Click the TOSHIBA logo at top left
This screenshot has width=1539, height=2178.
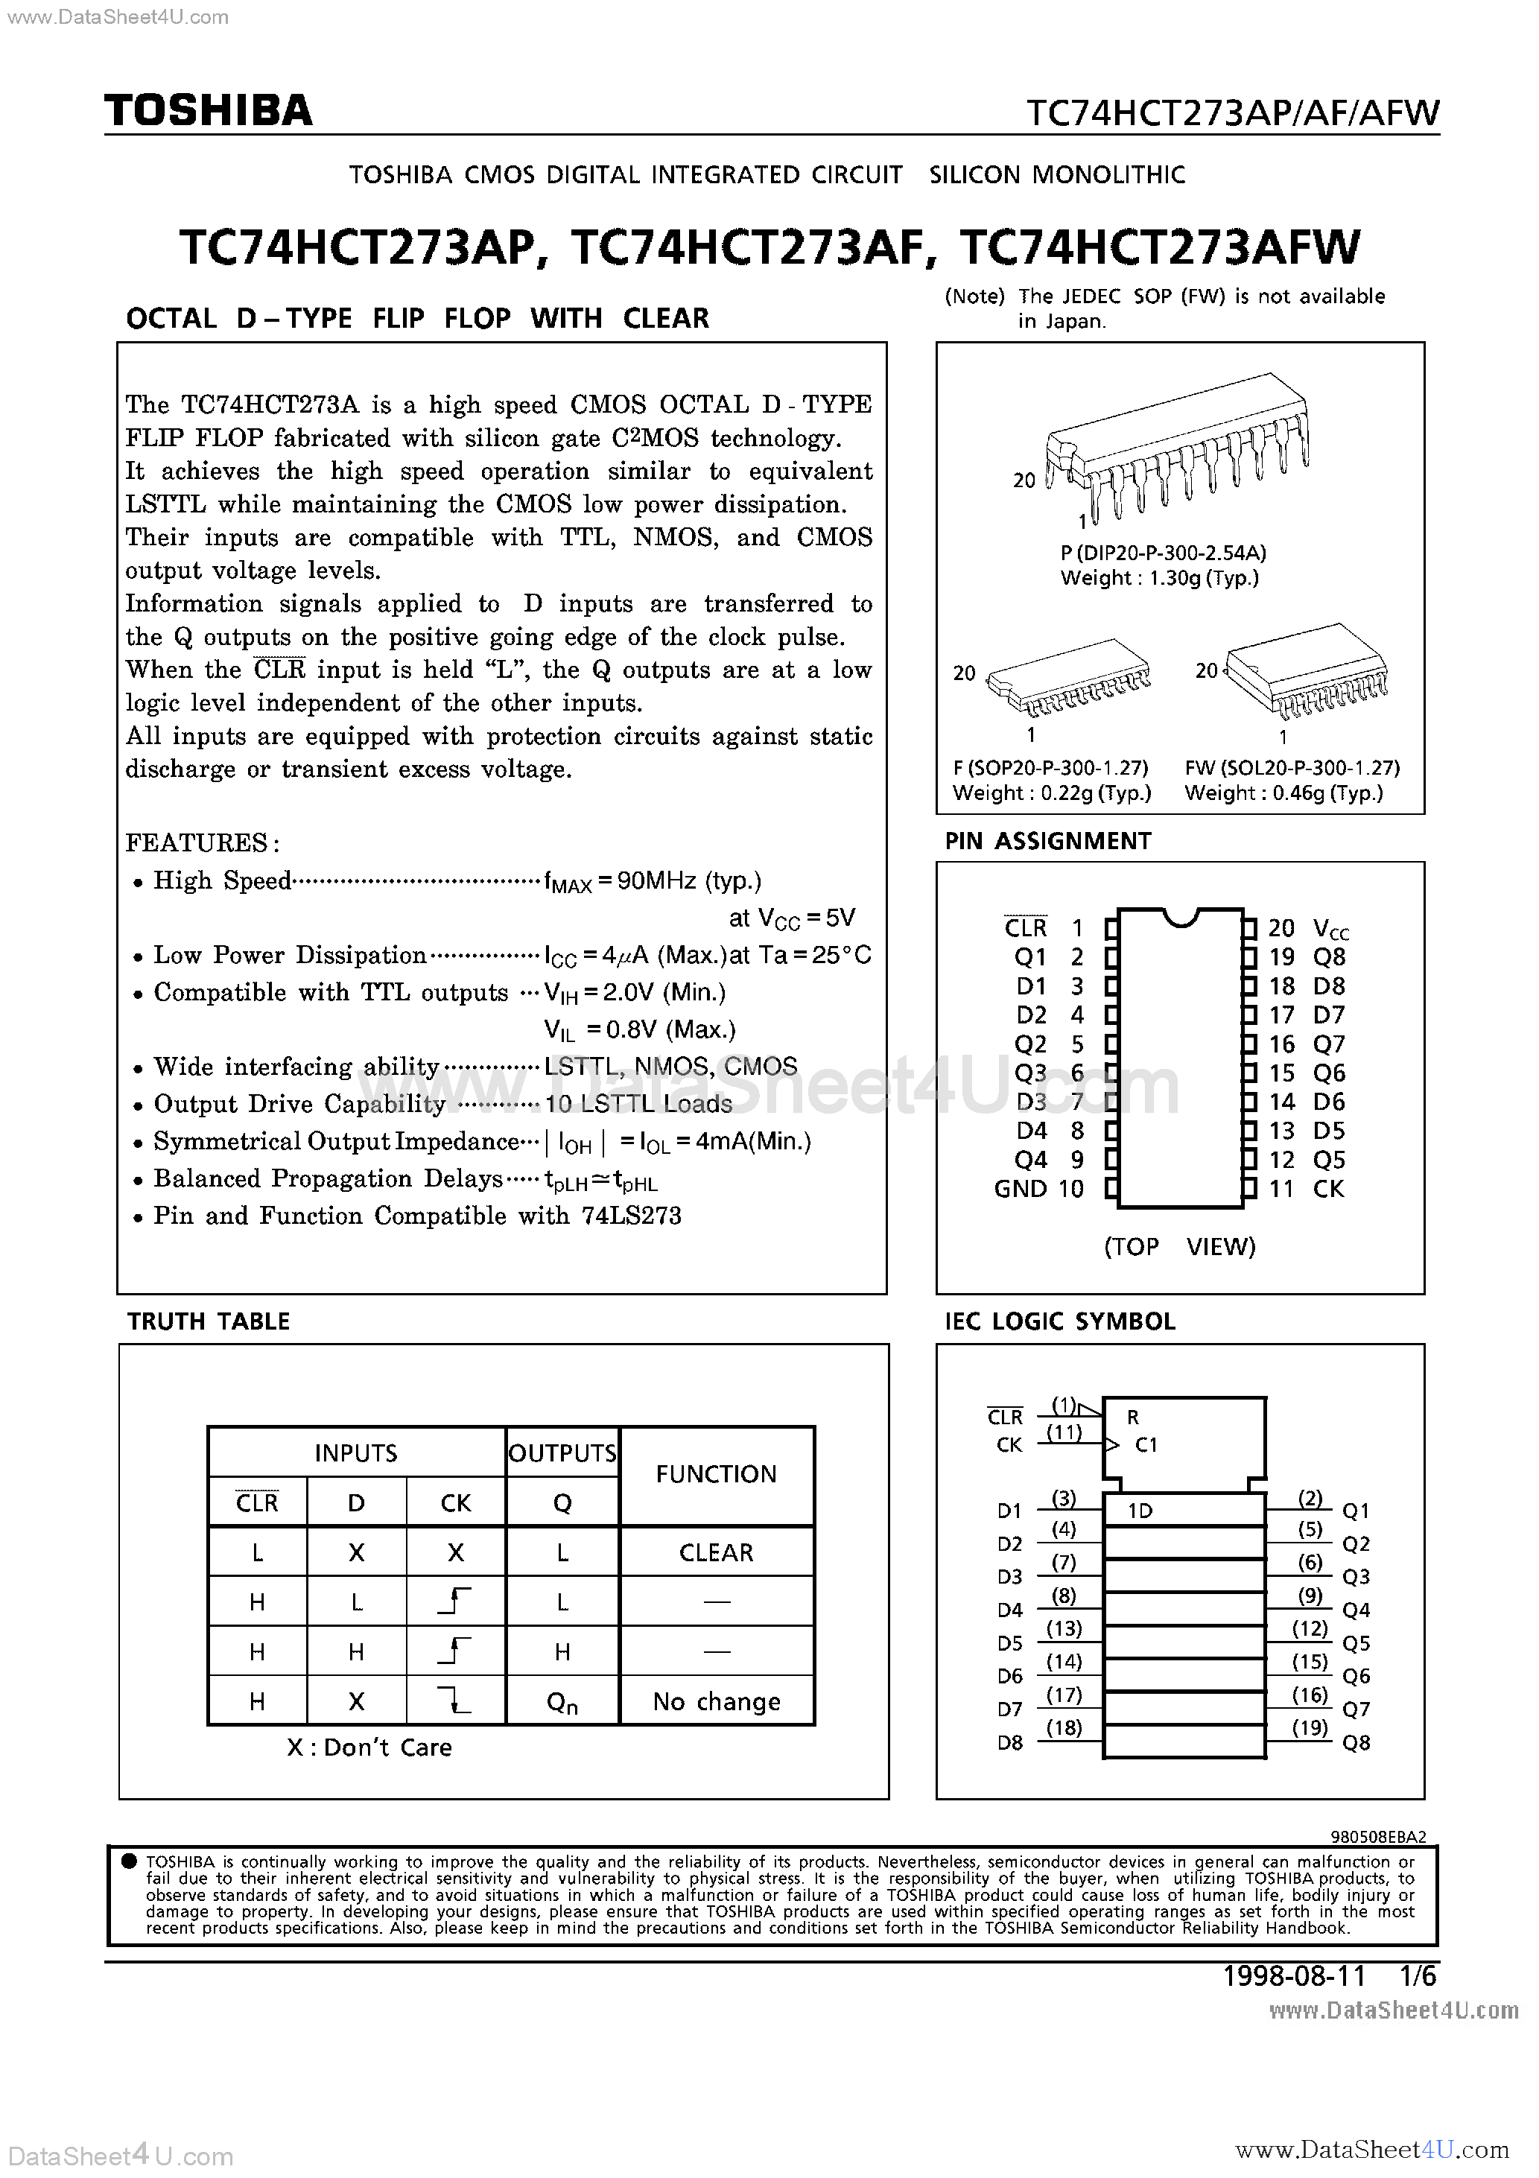[208, 111]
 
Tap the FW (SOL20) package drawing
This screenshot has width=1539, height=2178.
[1306, 676]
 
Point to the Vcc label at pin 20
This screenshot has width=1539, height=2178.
[1330, 929]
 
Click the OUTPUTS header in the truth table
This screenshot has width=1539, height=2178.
[562, 1453]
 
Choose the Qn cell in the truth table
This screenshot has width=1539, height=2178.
[562, 1703]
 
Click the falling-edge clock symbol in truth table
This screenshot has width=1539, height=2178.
[455, 1700]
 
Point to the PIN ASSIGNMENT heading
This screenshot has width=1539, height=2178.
[1047, 842]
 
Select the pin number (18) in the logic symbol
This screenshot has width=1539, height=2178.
[1064, 1727]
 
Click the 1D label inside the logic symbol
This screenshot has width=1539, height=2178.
[1140, 1511]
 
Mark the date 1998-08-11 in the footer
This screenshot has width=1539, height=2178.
[1293, 1976]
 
